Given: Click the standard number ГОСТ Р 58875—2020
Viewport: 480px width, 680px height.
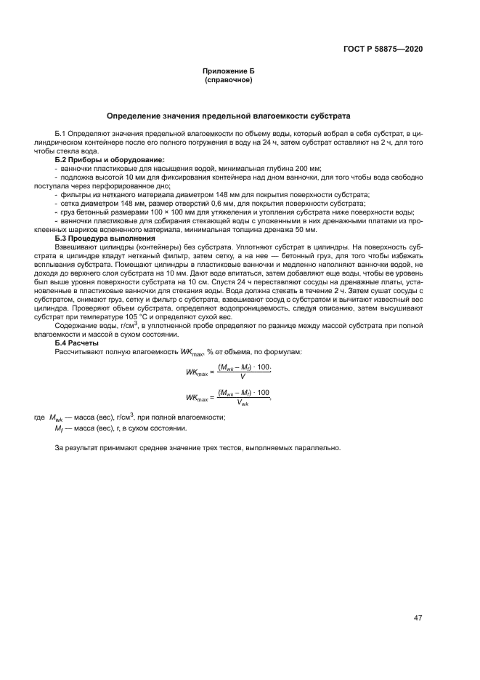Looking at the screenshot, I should click(383, 49).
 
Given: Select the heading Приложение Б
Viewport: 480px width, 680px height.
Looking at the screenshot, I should click(229, 71).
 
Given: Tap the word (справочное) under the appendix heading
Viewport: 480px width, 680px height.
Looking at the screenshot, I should click(229, 79).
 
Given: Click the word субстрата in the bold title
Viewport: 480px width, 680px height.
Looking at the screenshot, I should click(329, 116).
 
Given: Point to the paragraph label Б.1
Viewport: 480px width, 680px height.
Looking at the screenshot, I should click(61, 135).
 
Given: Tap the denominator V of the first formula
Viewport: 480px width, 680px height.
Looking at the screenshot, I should click(241, 377).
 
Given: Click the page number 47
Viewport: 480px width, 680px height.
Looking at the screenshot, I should click(418, 617).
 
